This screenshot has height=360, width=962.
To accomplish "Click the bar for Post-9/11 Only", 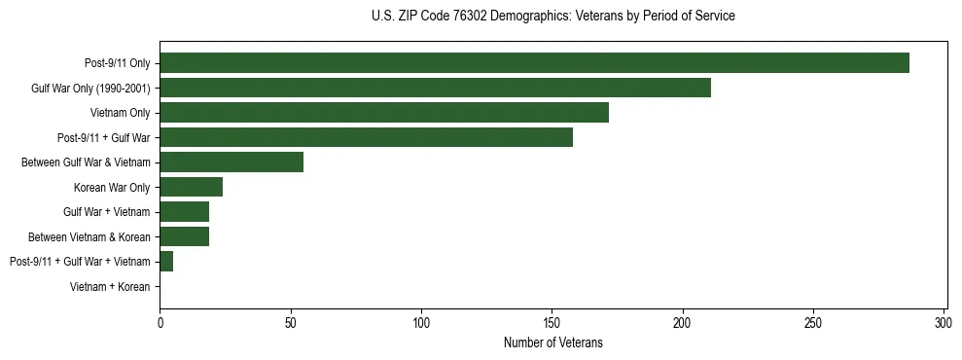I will coord(534,63).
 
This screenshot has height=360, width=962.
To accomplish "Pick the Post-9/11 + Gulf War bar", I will coord(366,138).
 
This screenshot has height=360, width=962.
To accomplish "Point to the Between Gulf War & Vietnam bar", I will coord(232,162).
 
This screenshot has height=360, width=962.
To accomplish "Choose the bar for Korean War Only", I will coord(191,187).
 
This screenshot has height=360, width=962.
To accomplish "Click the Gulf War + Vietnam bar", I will coord(184,212).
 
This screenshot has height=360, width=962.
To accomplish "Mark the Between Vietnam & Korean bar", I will coord(184,236).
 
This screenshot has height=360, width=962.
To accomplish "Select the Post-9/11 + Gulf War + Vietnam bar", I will coord(166,262).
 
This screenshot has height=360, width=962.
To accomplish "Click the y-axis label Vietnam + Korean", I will coord(110,287).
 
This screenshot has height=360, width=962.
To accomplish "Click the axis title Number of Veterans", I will coord(552,342).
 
